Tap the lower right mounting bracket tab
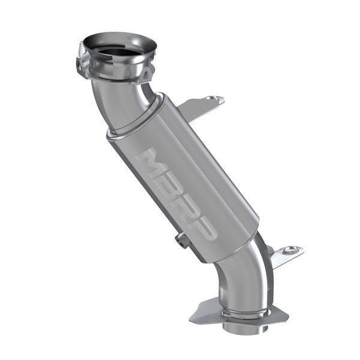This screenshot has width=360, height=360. (285, 254)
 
